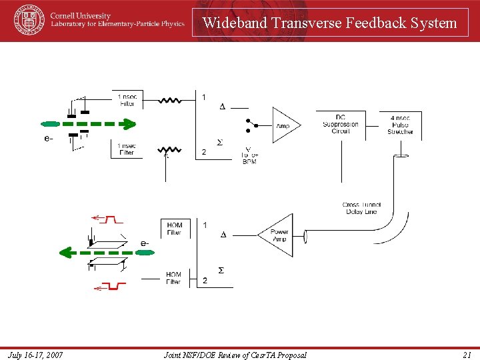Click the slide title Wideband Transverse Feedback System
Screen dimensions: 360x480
coord(330,23)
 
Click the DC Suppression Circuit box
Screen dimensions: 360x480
coord(341,124)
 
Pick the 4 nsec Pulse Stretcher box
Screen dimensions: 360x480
coord(400,125)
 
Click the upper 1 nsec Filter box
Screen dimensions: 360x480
coord(127,99)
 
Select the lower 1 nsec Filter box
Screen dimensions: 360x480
coord(127,149)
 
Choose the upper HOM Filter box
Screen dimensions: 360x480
coord(174,229)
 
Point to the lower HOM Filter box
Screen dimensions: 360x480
coord(174,278)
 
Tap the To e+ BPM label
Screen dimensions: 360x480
coord(249,157)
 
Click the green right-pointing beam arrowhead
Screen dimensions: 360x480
coord(128,123)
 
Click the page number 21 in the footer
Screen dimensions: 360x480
coord(467,355)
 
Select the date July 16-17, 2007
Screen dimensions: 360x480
coord(37,355)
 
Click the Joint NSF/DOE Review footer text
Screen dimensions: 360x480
coord(235,355)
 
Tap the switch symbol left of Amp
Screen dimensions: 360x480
coord(251,125)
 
